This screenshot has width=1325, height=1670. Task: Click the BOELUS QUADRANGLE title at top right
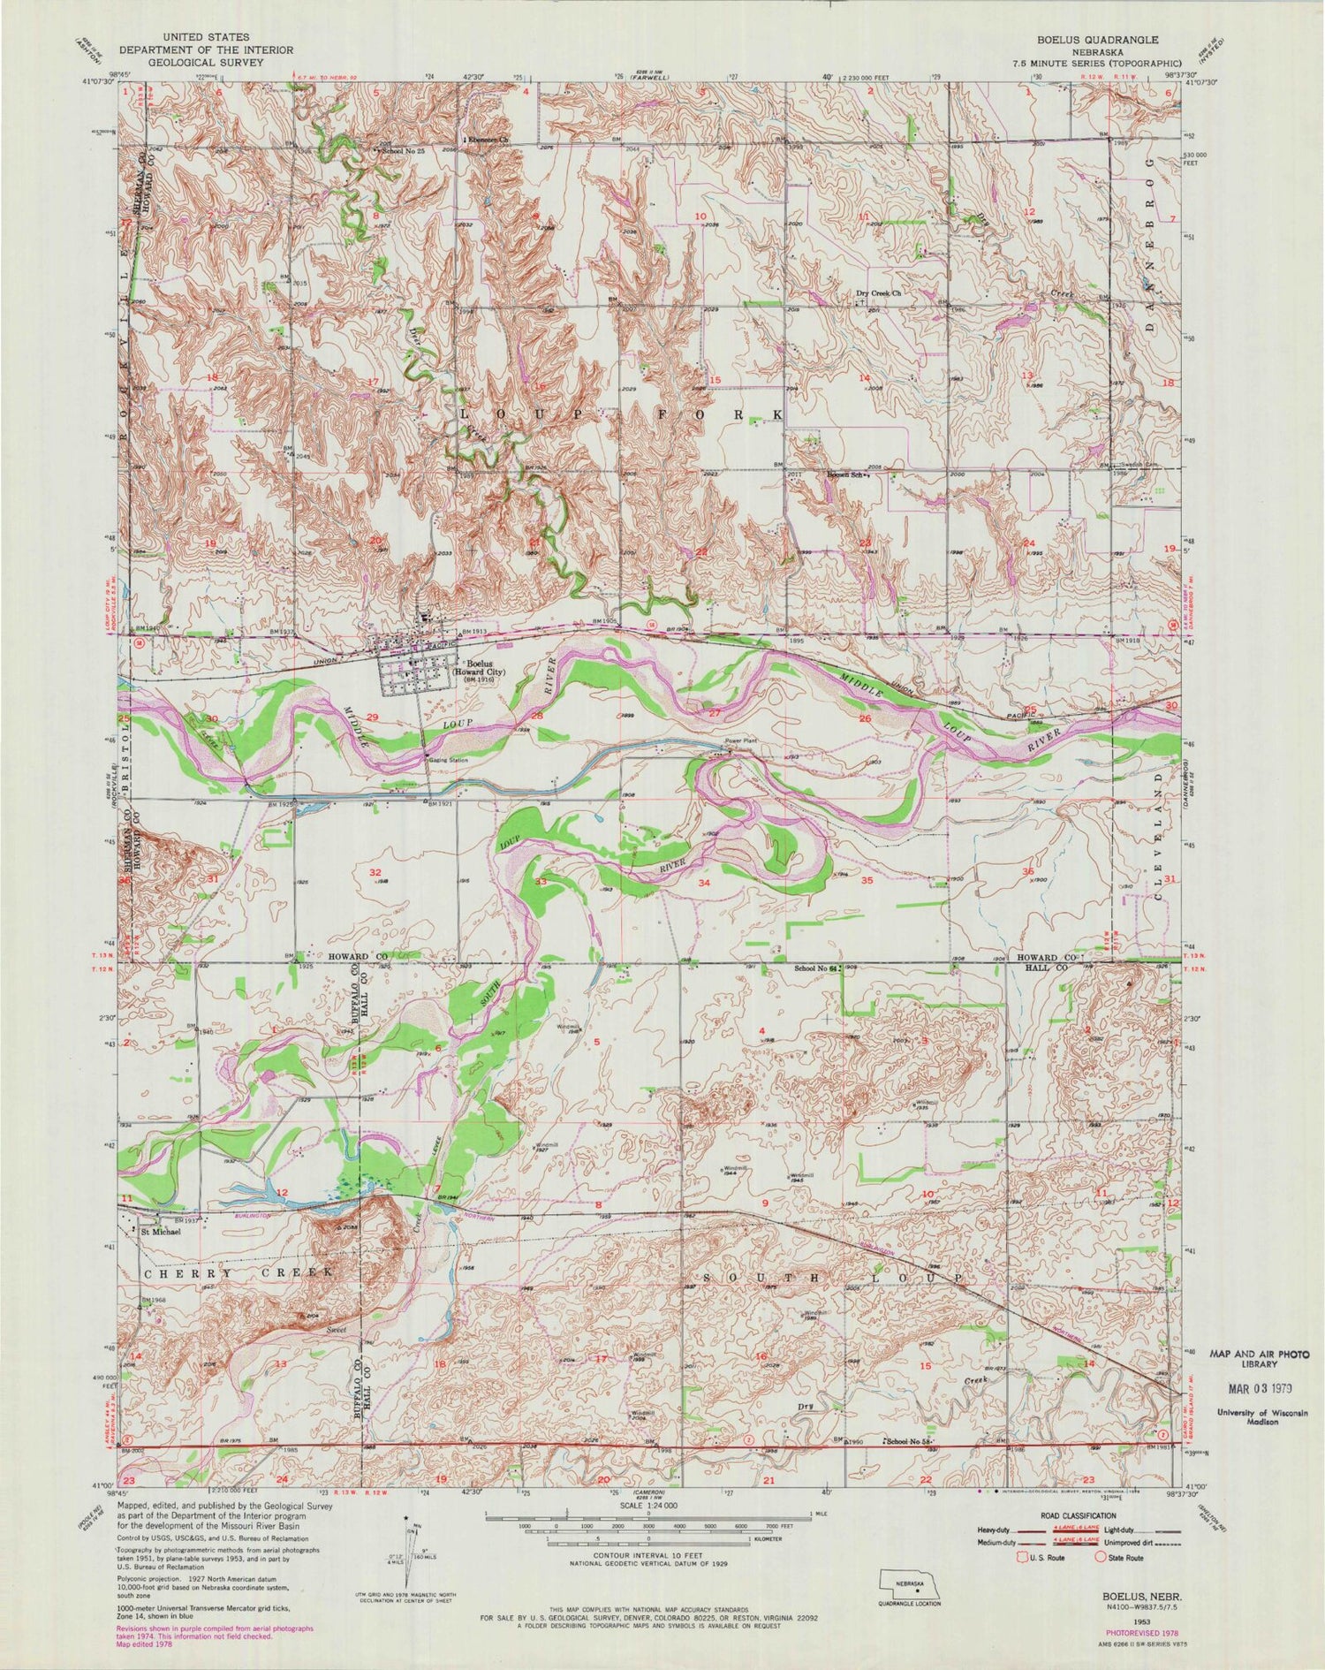pyautogui.click(x=1099, y=41)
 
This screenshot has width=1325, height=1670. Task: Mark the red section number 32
pyautogui.click(x=375, y=872)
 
